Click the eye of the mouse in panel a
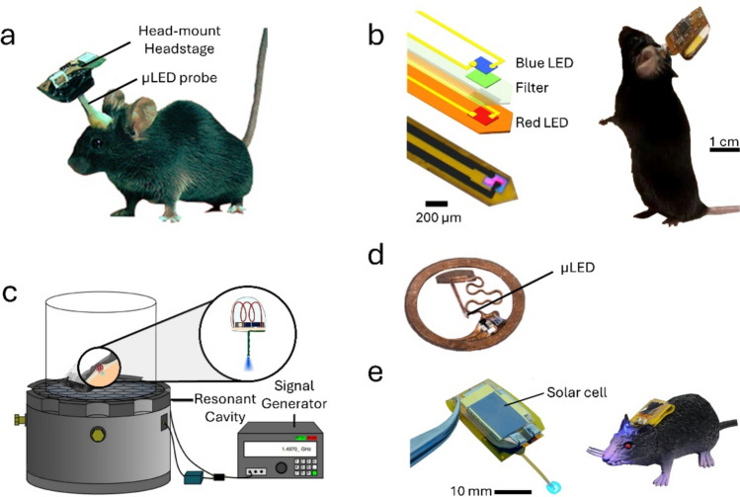[x=97, y=142]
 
